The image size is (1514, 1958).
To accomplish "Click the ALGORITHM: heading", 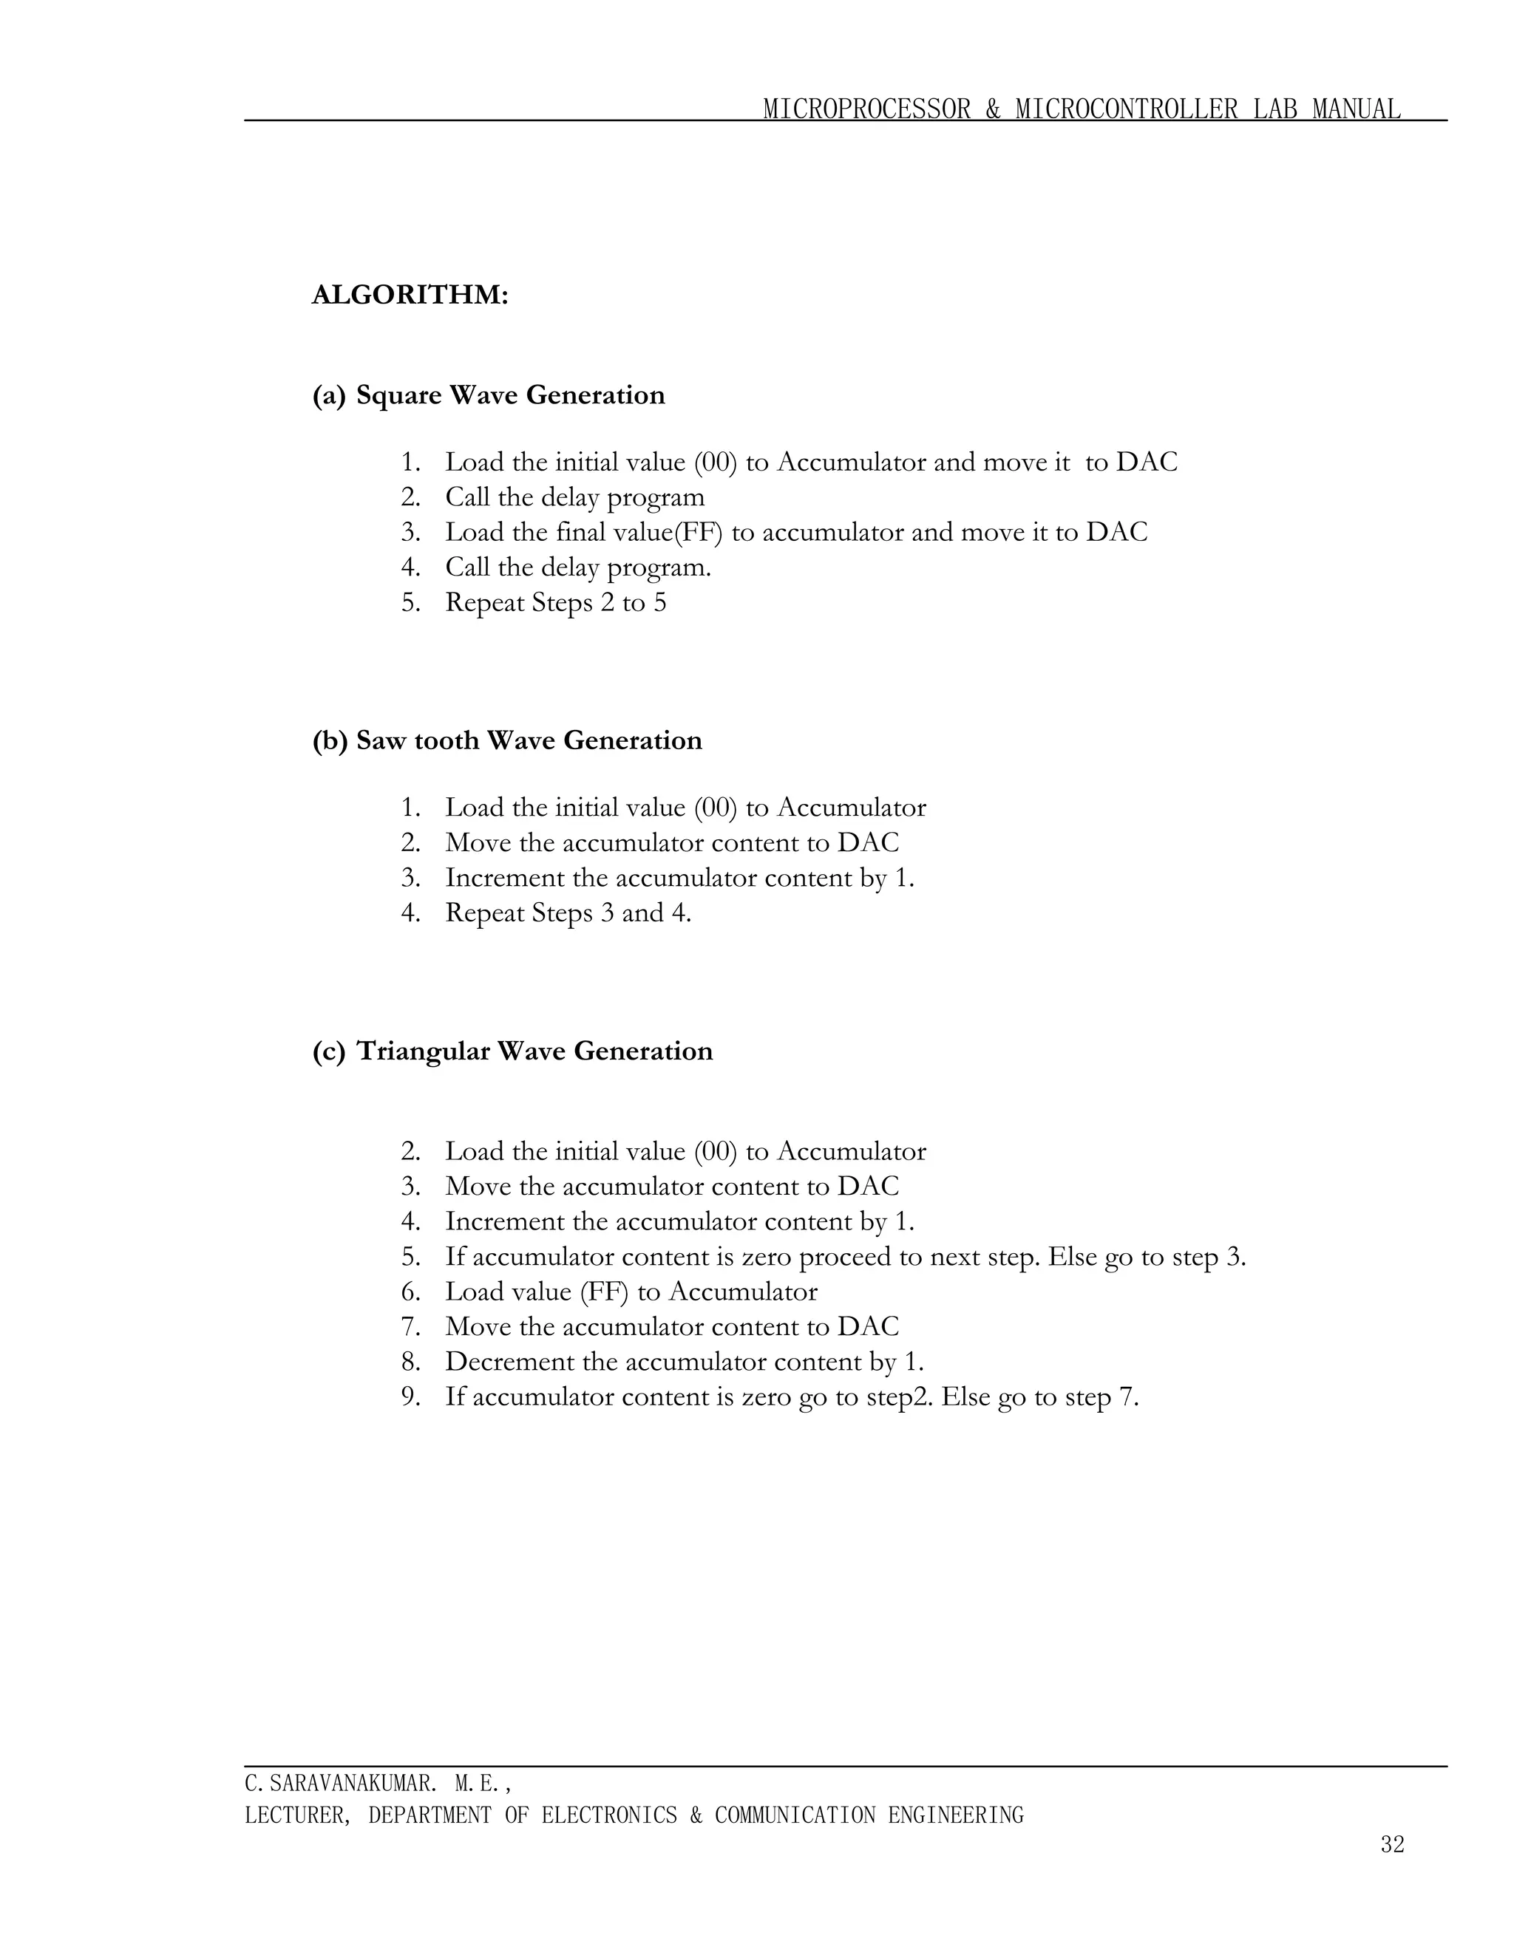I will point(410,295).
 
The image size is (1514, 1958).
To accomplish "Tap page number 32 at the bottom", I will point(1392,1844).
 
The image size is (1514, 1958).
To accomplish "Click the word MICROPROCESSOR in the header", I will point(866,109).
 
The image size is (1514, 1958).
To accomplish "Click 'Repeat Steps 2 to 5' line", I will point(555,602).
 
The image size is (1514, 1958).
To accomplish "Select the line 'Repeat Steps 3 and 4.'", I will point(568,913).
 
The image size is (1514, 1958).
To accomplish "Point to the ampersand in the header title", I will point(993,109).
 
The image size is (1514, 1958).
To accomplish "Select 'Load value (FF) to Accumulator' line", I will point(631,1292).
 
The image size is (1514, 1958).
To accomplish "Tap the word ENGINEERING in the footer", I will point(955,1815).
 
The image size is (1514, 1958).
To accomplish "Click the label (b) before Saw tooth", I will point(329,740).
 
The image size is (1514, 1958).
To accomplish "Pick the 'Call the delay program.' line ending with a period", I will point(577,567).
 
